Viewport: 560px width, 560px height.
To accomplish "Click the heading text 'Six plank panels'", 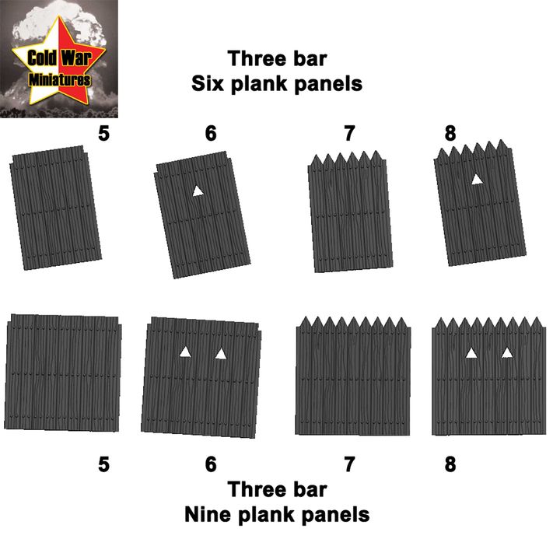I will (x=277, y=84).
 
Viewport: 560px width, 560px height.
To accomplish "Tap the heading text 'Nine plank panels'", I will (x=276, y=514).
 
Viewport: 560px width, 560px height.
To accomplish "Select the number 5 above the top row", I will (x=103, y=134).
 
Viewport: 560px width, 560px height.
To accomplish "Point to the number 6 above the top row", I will (x=211, y=134).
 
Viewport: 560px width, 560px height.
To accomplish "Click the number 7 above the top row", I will (x=349, y=134).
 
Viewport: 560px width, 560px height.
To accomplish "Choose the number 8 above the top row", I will (x=450, y=134).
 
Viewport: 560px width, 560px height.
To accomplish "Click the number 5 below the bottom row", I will (x=103, y=464).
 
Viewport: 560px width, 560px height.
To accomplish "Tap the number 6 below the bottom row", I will (x=211, y=464).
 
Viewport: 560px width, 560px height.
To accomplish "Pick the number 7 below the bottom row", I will (x=349, y=464).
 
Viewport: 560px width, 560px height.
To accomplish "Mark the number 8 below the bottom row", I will (x=450, y=464).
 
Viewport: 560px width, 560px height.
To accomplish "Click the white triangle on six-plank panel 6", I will (x=198, y=191).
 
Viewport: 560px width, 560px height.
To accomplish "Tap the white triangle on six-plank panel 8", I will (x=476, y=180).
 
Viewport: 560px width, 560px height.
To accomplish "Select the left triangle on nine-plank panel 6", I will (x=185, y=352).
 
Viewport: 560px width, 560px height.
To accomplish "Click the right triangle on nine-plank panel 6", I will (x=221, y=355).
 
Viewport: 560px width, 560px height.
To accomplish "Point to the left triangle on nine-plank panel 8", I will (x=471, y=353).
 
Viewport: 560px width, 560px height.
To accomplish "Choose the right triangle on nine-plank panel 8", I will (x=507, y=353).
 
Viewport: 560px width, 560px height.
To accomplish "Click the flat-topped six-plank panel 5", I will (x=58, y=208).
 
